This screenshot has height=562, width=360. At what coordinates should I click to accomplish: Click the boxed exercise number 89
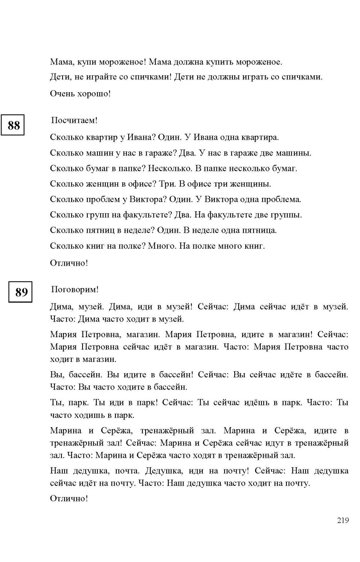21,292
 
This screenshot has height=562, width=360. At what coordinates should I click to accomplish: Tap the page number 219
343,520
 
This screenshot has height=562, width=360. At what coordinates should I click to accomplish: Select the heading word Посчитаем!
74,120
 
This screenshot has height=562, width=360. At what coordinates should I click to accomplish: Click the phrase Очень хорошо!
80,93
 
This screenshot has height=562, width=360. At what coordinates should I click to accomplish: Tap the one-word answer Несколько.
170,168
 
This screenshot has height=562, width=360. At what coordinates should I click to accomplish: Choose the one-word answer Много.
161,246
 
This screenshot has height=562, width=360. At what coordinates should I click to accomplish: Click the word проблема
282,199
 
